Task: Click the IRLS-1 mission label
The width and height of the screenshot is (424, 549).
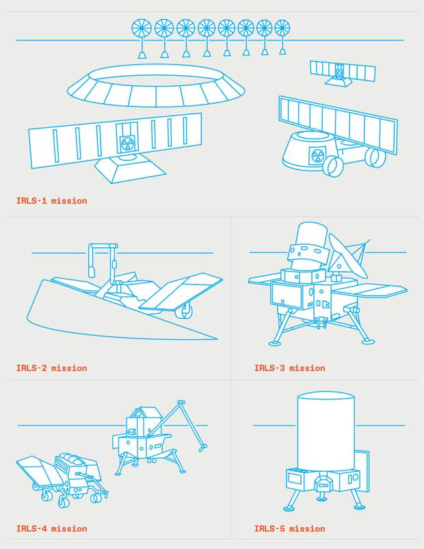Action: click(x=51, y=201)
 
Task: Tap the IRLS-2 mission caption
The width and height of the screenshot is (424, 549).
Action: click(x=51, y=368)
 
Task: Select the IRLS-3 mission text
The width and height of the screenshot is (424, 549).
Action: click(x=289, y=368)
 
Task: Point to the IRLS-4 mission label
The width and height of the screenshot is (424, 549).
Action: click(x=51, y=528)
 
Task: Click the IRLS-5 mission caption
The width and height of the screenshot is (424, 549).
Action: click(x=289, y=528)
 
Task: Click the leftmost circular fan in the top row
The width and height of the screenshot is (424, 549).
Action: click(x=142, y=28)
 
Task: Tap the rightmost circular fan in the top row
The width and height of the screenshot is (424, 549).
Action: click(x=282, y=27)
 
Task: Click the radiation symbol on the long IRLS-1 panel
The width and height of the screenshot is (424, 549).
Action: click(x=126, y=143)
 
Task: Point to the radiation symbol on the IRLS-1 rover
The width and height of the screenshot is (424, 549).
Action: click(x=317, y=155)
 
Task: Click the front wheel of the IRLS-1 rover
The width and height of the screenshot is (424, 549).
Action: click(x=333, y=166)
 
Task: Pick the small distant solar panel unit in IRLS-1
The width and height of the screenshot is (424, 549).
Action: click(x=342, y=73)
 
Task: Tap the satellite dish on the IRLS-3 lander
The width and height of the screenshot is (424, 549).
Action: click(x=347, y=255)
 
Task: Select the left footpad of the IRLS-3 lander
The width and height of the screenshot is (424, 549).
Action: click(x=275, y=343)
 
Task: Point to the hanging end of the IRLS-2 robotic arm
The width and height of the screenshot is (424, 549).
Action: click(x=92, y=271)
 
